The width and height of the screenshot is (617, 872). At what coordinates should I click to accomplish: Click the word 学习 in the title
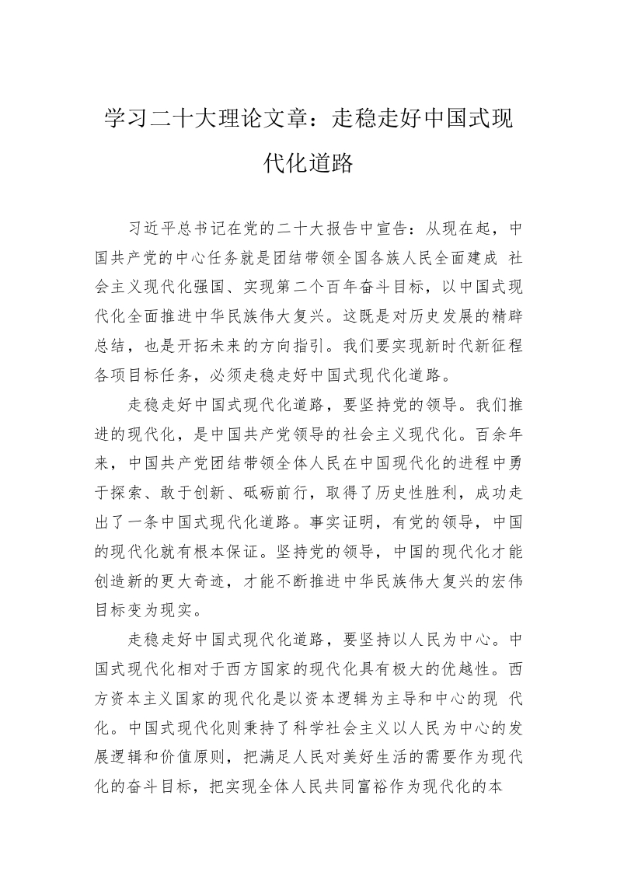pos(126,120)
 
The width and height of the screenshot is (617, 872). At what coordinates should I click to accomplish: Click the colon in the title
pos(320,120)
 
